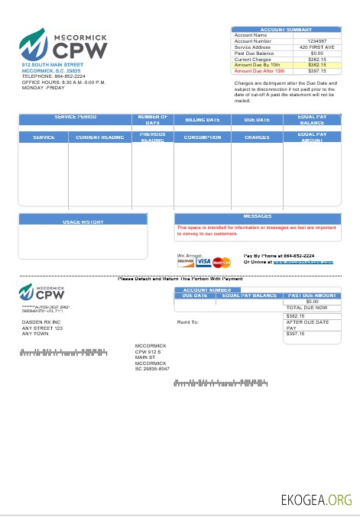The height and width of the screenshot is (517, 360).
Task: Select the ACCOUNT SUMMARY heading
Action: click(x=286, y=29)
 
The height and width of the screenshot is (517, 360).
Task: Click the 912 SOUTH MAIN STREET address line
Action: click(x=52, y=66)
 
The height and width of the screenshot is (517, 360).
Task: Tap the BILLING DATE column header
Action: click(x=202, y=120)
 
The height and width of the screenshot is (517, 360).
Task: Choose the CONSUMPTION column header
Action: click(x=202, y=137)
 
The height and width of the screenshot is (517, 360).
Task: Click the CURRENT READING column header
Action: click(x=99, y=137)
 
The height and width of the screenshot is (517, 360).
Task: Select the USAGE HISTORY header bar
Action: click(x=82, y=221)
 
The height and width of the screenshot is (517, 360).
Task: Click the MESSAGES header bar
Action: click(x=257, y=217)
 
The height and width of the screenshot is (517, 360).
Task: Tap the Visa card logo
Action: click(x=203, y=262)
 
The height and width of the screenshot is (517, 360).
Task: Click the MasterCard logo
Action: click(x=221, y=262)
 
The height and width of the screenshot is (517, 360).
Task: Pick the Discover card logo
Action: click(x=185, y=261)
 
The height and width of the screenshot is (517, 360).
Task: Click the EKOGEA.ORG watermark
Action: click(x=315, y=500)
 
